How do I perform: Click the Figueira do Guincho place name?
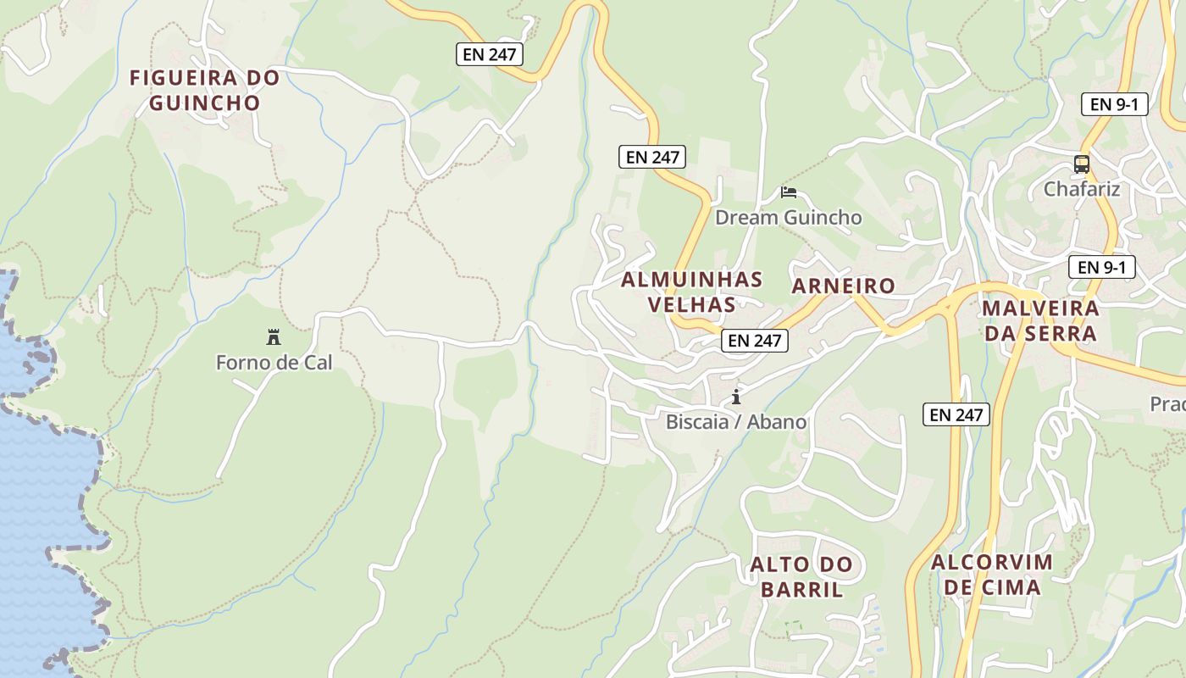204,90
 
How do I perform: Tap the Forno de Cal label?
274,363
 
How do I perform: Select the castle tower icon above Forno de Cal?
274,337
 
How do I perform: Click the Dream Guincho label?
788,218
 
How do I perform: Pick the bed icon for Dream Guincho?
789,192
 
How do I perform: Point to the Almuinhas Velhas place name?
691,292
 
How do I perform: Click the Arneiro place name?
843,286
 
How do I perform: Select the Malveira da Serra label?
1041,320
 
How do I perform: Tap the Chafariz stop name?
1082,189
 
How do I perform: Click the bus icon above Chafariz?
1082,164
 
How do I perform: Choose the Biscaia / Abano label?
736,421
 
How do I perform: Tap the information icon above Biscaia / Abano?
736,397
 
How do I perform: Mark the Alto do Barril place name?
801,577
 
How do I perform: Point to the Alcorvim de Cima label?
991,574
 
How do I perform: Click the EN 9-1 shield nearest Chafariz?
1114,104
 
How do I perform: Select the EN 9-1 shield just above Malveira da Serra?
1101,267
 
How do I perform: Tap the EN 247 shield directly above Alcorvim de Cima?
956,414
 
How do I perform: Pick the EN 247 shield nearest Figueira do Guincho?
490,55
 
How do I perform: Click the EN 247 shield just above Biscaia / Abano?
755,341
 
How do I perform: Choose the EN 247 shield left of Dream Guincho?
651,157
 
